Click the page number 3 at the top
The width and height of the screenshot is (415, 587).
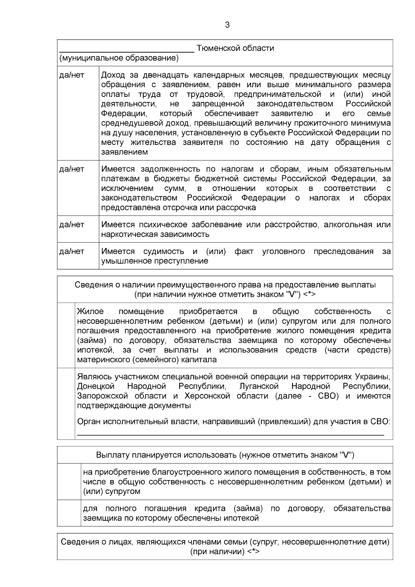(227, 25)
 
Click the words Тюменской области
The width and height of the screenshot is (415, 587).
(235, 48)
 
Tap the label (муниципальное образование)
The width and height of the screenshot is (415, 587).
(119, 58)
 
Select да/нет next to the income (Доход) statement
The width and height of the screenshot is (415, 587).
(72, 75)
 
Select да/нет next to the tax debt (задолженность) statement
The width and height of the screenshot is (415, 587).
(72, 169)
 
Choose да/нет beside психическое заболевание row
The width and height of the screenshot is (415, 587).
(72, 225)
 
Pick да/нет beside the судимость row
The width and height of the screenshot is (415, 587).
(72, 251)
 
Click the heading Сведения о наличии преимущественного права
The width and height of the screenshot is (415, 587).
(225, 285)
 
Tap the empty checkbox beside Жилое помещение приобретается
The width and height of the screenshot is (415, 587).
(66, 335)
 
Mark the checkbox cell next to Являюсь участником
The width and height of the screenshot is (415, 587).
(66, 403)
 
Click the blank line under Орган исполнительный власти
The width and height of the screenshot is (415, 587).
(230, 434)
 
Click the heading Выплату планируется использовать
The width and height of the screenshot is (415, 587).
(225, 455)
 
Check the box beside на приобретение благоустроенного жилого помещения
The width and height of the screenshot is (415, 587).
(69, 481)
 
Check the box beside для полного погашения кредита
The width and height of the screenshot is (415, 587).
(69, 513)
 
